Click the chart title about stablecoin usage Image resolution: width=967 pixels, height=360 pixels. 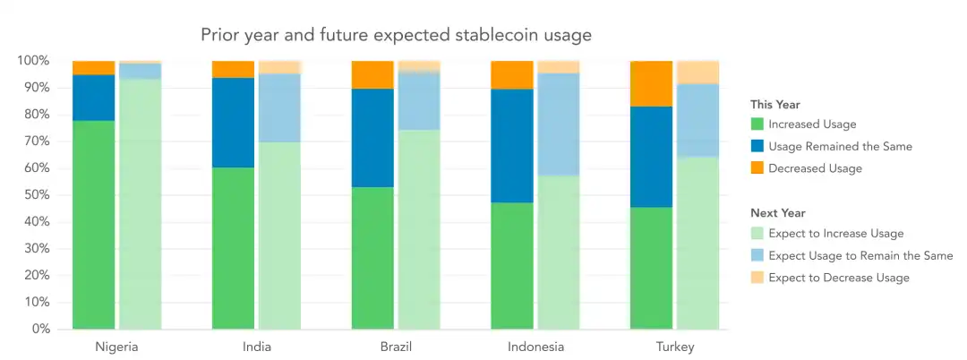396,35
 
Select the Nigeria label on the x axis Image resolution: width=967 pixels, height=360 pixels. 116,347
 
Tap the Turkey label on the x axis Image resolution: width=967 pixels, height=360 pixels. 674,347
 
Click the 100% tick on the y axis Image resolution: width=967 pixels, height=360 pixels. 32,61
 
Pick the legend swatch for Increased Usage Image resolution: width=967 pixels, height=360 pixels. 757,124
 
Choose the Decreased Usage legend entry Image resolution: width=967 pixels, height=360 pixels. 815,168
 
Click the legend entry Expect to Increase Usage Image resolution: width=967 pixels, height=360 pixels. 835,234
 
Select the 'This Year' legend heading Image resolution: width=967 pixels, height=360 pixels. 775,105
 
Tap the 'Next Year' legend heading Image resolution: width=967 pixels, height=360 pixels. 778,213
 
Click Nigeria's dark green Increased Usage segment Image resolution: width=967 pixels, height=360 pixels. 94,224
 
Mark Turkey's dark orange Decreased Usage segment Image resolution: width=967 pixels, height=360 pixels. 651,83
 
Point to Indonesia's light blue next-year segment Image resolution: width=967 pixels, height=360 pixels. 558,124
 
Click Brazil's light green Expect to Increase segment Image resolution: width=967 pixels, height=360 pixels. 419,229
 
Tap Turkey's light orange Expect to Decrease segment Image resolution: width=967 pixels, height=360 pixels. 697,73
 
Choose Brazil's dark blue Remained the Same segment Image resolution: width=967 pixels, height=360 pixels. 372,138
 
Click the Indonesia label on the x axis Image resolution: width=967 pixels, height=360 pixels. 535,347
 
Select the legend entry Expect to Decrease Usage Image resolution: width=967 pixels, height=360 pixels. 838,278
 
